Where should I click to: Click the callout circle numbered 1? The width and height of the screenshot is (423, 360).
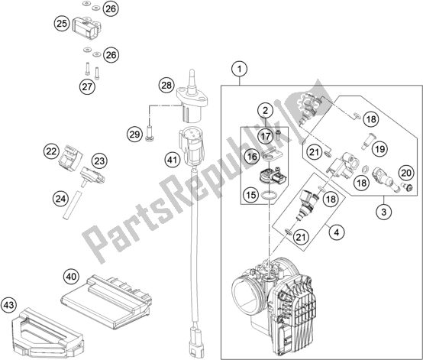240,71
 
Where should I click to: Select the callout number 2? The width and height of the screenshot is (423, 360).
264,112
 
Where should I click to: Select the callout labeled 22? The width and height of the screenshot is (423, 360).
51,151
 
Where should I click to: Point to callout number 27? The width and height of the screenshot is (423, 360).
87,86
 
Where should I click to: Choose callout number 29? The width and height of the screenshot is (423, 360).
134,135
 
